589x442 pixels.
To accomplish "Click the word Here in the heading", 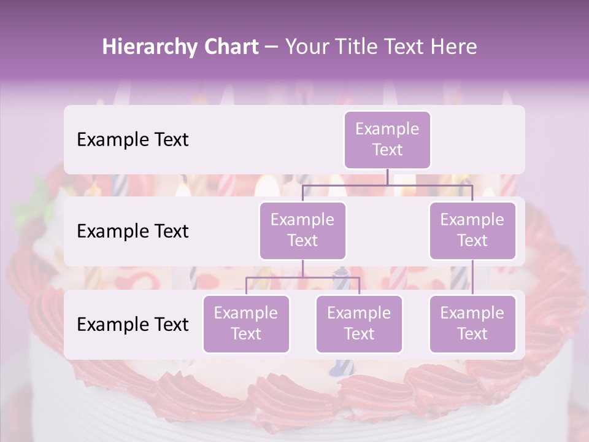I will point(453,47).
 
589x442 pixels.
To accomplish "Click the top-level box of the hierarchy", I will point(387,140).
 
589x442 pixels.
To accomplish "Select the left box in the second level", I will point(302,231).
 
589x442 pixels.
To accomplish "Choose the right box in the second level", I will point(472,231).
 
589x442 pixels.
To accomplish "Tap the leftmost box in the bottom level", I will point(246,324).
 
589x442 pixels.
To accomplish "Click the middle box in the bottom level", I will point(359,324).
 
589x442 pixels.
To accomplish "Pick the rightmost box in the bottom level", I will point(472,324).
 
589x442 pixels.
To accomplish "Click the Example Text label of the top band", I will point(133,140).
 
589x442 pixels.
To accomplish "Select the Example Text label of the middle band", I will point(133,231).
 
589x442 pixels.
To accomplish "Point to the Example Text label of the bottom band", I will point(133,325).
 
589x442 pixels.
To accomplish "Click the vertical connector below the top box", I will point(387,177).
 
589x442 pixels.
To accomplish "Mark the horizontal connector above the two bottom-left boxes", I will point(302,277).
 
